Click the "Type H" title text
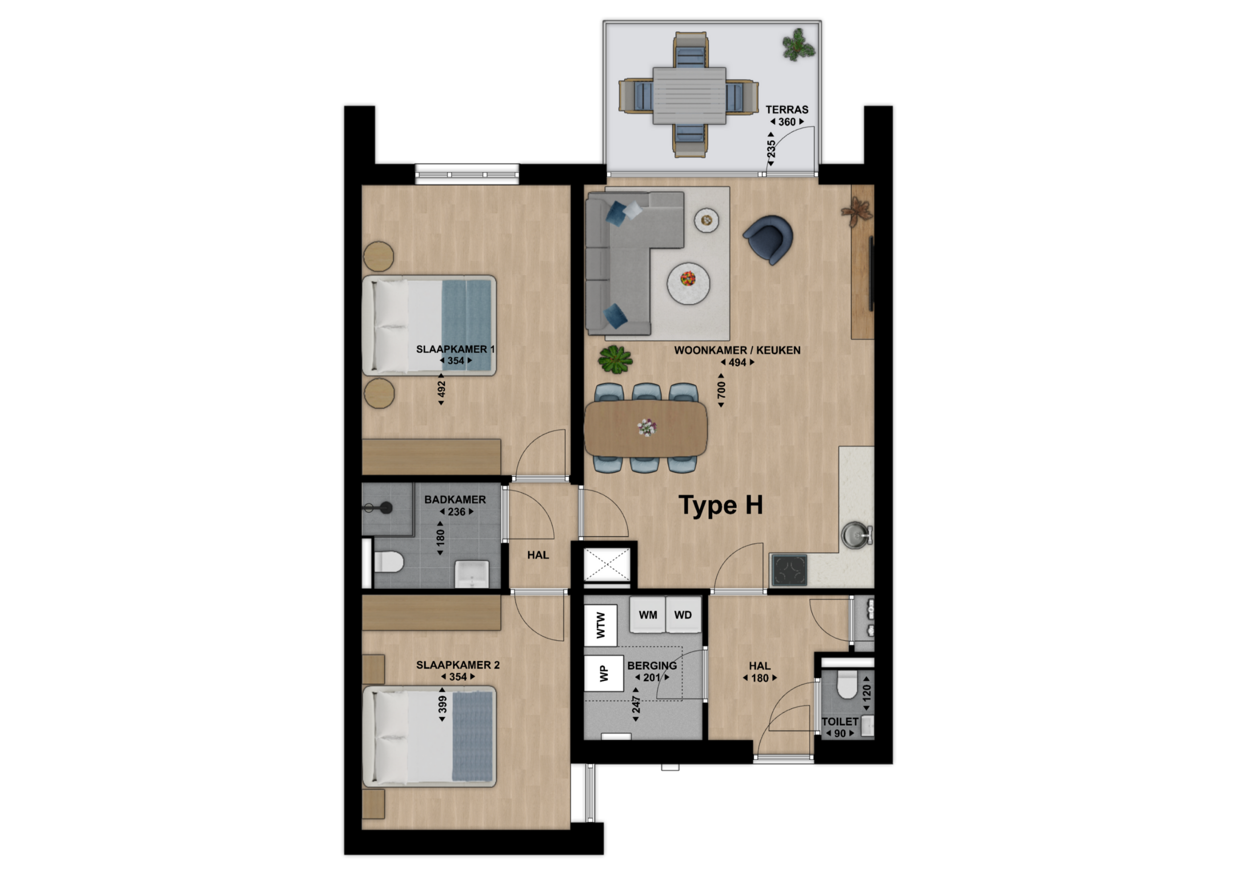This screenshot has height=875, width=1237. (x=721, y=506)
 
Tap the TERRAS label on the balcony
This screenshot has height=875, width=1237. (x=787, y=109)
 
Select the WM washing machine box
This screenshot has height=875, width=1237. (x=647, y=614)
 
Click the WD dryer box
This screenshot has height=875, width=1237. (x=683, y=614)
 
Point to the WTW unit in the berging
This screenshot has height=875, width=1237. (x=601, y=625)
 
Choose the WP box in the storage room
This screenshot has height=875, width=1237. (x=604, y=673)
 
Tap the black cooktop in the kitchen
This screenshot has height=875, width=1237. (x=789, y=570)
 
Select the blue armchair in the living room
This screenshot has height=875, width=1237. (x=768, y=239)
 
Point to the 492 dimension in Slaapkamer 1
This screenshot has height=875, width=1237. (x=441, y=389)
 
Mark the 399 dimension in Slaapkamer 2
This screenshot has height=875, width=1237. (x=442, y=704)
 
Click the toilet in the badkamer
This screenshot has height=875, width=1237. (x=388, y=562)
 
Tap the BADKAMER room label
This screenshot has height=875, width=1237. (x=455, y=500)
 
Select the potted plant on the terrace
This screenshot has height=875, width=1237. (x=798, y=44)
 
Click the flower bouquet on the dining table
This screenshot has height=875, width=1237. (x=647, y=427)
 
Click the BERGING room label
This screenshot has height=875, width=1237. (x=652, y=666)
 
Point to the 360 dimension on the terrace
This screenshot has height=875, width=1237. (x=787, y=122)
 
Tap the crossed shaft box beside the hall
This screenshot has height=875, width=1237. (x=607, y=565)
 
